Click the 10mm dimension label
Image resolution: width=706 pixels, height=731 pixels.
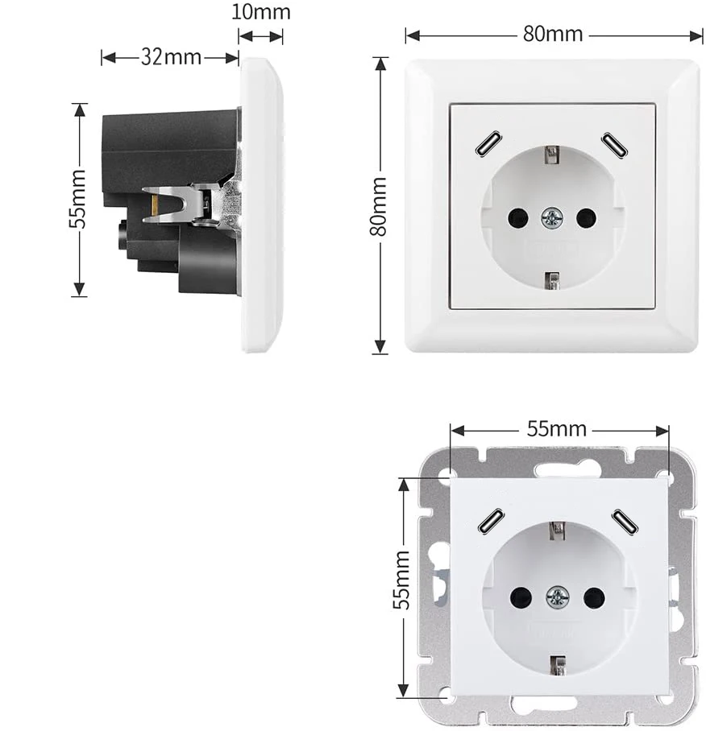[260, 13]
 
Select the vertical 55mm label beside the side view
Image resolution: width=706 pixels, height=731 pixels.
[77, 199]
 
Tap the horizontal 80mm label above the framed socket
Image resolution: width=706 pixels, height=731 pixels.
[553, 35]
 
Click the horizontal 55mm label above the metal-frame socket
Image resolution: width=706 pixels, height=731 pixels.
[557, 428]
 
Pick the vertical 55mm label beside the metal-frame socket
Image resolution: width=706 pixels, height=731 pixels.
[401, 580]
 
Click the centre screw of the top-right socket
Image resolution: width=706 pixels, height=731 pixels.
[552, 217]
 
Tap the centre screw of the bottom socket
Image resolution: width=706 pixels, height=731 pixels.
[557, 597]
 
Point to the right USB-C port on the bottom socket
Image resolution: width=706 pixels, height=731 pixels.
[624, 522]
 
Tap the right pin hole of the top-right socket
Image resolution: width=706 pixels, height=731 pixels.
[586, 217]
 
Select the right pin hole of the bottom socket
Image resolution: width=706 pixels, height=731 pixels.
[594, 597]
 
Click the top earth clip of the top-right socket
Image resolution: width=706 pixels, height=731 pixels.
[552, 154]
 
